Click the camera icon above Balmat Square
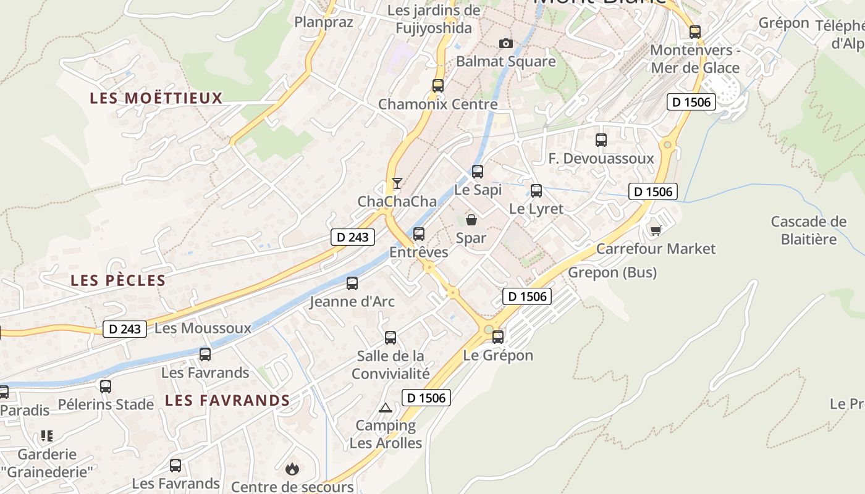click(x=506, y=43)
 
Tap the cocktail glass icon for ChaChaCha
click(x=397, y=183)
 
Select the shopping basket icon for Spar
click(x=471, y=220)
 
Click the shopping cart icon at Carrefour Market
click(x=656, y=230)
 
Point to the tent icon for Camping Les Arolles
click(x=386, y=408)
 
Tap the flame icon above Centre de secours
click(x=292, y=469)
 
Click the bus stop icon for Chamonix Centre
click(x=438, y=86)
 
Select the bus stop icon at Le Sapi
click(x=478, y=172)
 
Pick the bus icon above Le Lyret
click(x=536, y=191)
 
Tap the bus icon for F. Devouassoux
click(x=601, y=140)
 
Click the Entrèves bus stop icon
click(x=419, y=234)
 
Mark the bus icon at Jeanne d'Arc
click(x=352, y=283)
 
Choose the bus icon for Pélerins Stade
click(x=106, y=387)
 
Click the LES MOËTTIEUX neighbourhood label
click(x=156, y=98)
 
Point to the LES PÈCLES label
click(x=118, y=280)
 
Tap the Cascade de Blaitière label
click(x=809, y=230)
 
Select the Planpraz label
click(x=324, y=22)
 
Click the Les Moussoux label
click(x=203, y=329)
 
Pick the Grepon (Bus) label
click(x=612, y=272)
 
